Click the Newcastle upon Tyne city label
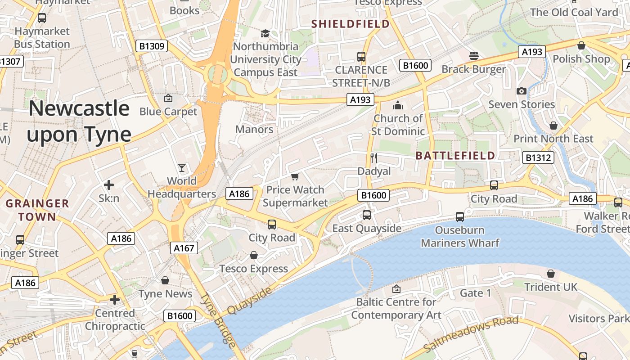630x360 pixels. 79,121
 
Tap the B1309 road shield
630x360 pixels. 152,46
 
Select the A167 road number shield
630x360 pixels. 184,247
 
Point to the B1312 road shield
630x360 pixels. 538,157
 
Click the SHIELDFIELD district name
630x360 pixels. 351,24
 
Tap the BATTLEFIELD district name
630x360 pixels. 455,156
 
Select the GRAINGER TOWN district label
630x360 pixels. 37,210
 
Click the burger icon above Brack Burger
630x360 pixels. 473,56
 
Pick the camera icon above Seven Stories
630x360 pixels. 522,91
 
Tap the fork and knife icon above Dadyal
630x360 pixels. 373,157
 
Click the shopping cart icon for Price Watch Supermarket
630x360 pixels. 295,176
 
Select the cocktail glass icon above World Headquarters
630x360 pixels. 182,168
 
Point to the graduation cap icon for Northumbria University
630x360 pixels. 265,33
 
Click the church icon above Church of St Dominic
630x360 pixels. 398,105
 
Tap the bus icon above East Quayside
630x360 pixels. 367,215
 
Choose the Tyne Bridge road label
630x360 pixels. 218,320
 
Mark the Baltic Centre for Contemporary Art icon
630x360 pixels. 396,288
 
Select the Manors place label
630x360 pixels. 254,130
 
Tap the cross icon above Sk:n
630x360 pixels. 108,185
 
